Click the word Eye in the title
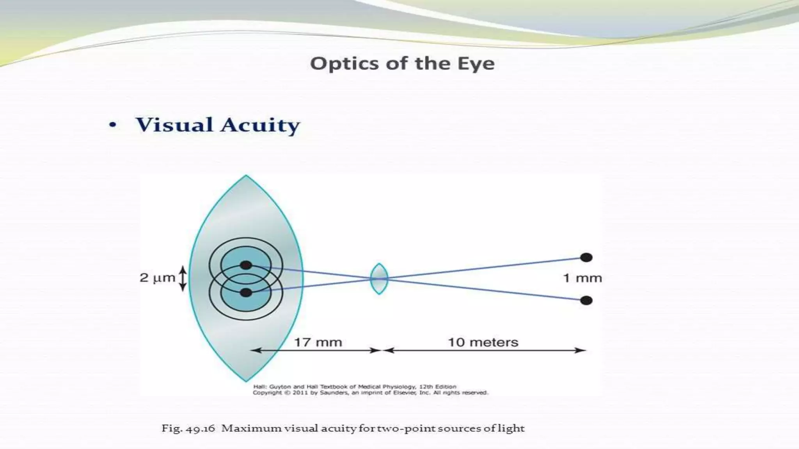[476, 64]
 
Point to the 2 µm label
[157, 278]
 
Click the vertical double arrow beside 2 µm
[183, 278]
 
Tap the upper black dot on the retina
[246, 265]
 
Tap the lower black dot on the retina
[246, 293]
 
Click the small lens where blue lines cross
[379, 279]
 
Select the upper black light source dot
[586, 257]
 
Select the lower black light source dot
[586, 301]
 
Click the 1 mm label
[582, 278]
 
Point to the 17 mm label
[318, 343]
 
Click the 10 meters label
[483, 343]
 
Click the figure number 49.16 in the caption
[201, 429]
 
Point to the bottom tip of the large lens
[246, 380]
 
